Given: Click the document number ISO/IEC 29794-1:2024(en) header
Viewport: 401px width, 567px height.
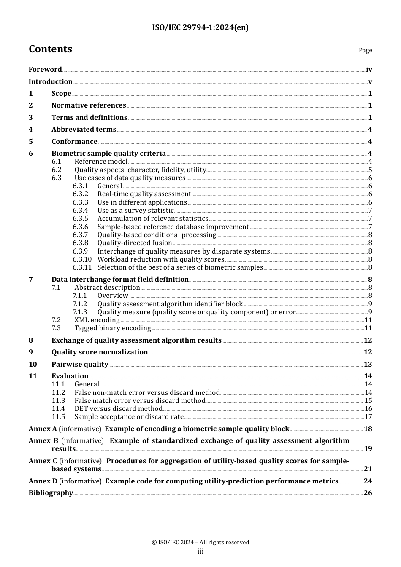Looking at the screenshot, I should pyautogui.click(x=200, y=27).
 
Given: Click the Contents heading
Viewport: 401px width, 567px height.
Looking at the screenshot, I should pyautogui.click(x=50, y=49).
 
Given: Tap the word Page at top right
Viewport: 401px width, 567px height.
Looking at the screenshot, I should pyautogui.click(x=365, y=50).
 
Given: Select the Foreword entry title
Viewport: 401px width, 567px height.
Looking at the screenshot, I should pyautogui.click(x=45, y=70).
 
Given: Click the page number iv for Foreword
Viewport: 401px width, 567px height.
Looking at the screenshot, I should pyautogui.click(x=369, y=70).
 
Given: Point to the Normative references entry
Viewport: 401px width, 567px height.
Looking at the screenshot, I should pyautogui.click(x=89, y=105).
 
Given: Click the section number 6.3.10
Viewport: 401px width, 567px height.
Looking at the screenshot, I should pyautogui.click(x=82, y=259).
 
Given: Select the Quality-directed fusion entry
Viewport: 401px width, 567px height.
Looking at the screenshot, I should pyautogui.click(x=135, y=243).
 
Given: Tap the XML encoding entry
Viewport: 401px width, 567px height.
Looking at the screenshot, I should pyautogui.click(x=97, y=320).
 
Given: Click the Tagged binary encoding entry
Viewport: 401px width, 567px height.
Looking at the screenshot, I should pyautogui.click(x=113, y=328).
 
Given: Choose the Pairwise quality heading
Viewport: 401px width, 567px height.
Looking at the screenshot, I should pyautogui.click(x=80, y=364).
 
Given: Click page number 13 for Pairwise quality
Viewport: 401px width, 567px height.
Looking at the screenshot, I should pyautogui.click(x=368, y=364).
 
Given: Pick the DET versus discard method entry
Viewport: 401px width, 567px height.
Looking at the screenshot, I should pyautogui.click(x=118, y=409).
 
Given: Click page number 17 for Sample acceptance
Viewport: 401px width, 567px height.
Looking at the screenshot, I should pyautogui.click(x=368, y=417).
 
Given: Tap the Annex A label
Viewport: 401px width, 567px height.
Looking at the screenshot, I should pyautogui.click(x=43, y=429).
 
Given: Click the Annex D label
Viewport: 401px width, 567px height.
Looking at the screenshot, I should pyautogui.click(x=43, y=481).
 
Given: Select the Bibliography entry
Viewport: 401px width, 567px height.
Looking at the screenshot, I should pyautogui.click(x=51, y=493).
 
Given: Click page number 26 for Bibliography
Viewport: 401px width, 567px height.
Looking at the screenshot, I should pyautogui.click(x=368, y=493).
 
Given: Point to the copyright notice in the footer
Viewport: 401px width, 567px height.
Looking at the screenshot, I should pyautogui.click(x=200, y=543).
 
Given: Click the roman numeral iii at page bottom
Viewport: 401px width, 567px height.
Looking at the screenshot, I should pyautogui.click(x=200, y=551).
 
